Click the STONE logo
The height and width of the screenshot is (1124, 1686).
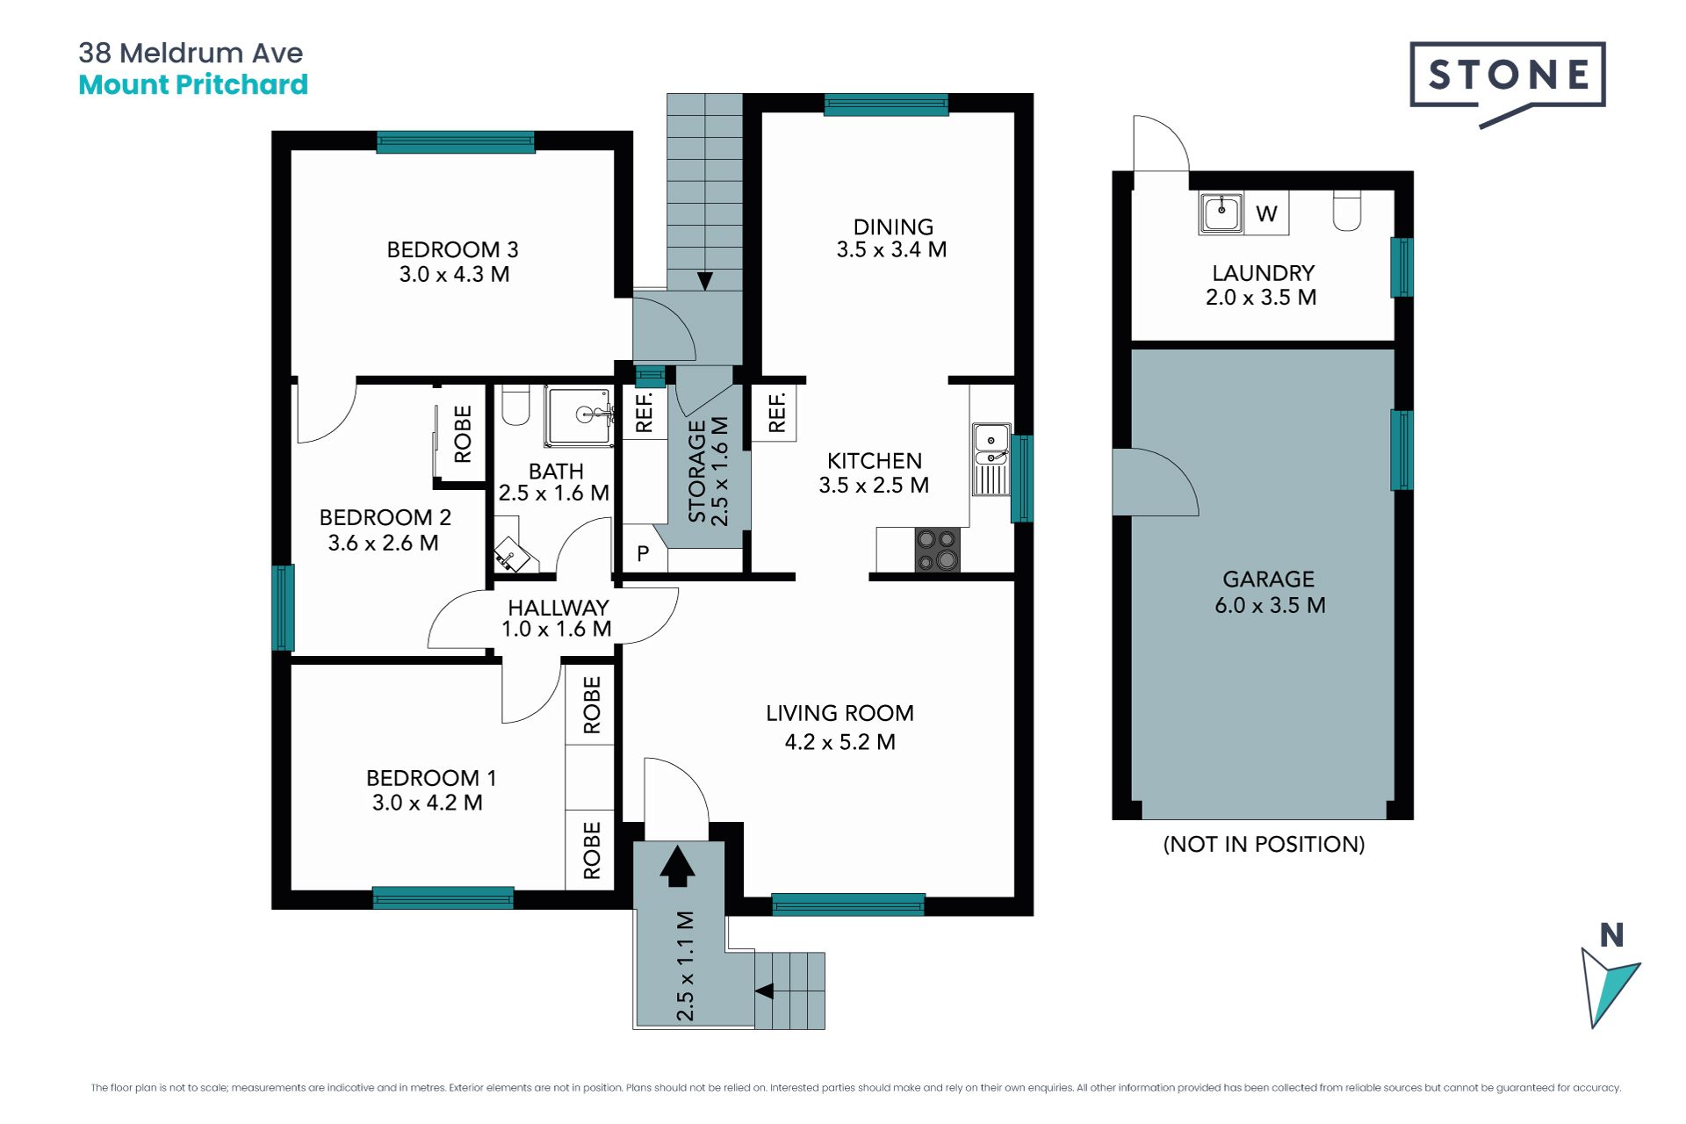coord(1508,81)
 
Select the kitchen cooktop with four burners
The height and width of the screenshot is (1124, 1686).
coord(937,550)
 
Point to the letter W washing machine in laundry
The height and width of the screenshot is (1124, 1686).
coord(1266,213)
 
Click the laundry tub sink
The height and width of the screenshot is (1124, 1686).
coord(1221,213)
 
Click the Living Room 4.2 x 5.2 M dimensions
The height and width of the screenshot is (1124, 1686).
coord(840,742)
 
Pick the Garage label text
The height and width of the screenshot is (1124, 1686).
coord(1269,580)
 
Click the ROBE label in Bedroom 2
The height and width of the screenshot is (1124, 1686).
coord(463,434)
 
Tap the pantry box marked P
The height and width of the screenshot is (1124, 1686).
coord(643,553)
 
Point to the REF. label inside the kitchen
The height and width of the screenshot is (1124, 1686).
coord(775,413)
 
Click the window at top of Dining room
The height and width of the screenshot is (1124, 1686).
coord(886,104)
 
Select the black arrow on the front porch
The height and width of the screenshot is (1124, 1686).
coord(677,866)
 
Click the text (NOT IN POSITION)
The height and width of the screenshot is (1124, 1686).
coord(1264,844)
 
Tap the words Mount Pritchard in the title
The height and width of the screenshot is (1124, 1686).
coord(193,85)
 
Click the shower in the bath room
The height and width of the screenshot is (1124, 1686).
coord(580,415)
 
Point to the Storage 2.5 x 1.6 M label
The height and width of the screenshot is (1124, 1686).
coord(708,471)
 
